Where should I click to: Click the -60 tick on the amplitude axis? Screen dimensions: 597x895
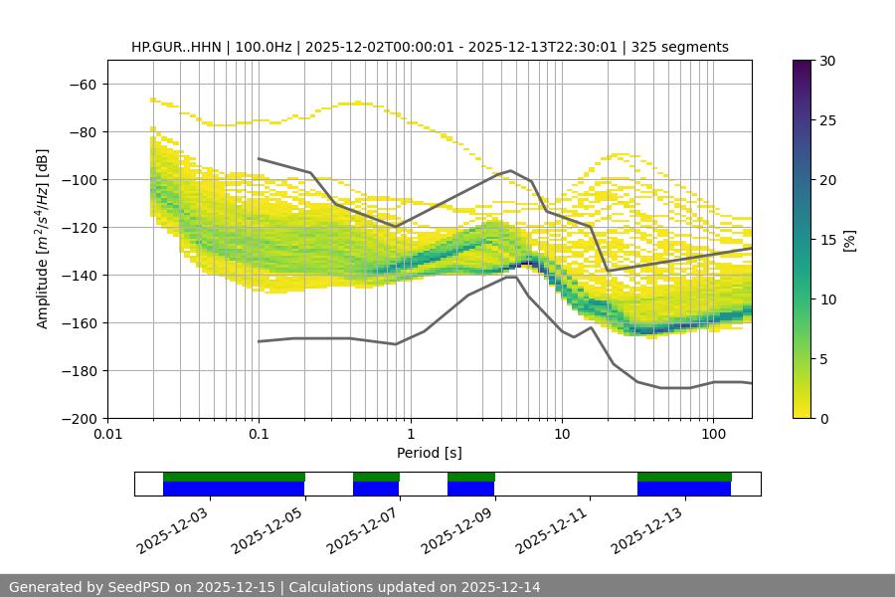coord(83,85)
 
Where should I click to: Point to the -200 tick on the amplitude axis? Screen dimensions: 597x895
coord(79,419)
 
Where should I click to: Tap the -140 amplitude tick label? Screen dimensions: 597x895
coord(79,276)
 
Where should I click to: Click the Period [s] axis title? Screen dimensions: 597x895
coord(429,453)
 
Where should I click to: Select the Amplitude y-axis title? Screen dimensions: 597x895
coord(43,240)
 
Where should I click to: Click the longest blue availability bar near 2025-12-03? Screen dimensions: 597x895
coord(234,489)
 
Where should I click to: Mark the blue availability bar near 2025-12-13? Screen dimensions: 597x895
coord(684,489)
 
